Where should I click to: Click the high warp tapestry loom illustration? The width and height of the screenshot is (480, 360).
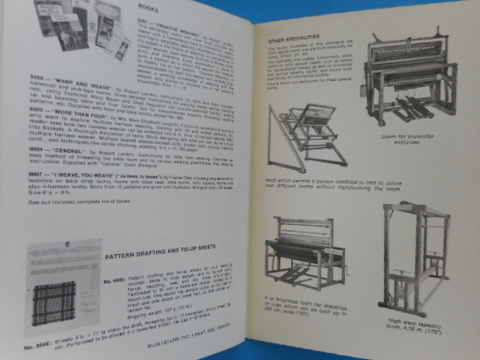click(412, 255)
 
